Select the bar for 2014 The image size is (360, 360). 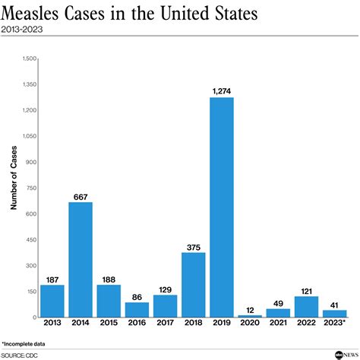pos(81,259)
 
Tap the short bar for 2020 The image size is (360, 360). pos(250,316)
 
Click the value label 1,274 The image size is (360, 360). pos(222,92)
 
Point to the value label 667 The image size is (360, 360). pos(81,197)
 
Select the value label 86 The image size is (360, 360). pos(137,297)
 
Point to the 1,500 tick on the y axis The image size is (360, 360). pos(30,58)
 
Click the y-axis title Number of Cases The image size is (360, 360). pos(13,188)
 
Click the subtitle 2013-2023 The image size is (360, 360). pos(23,31)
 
